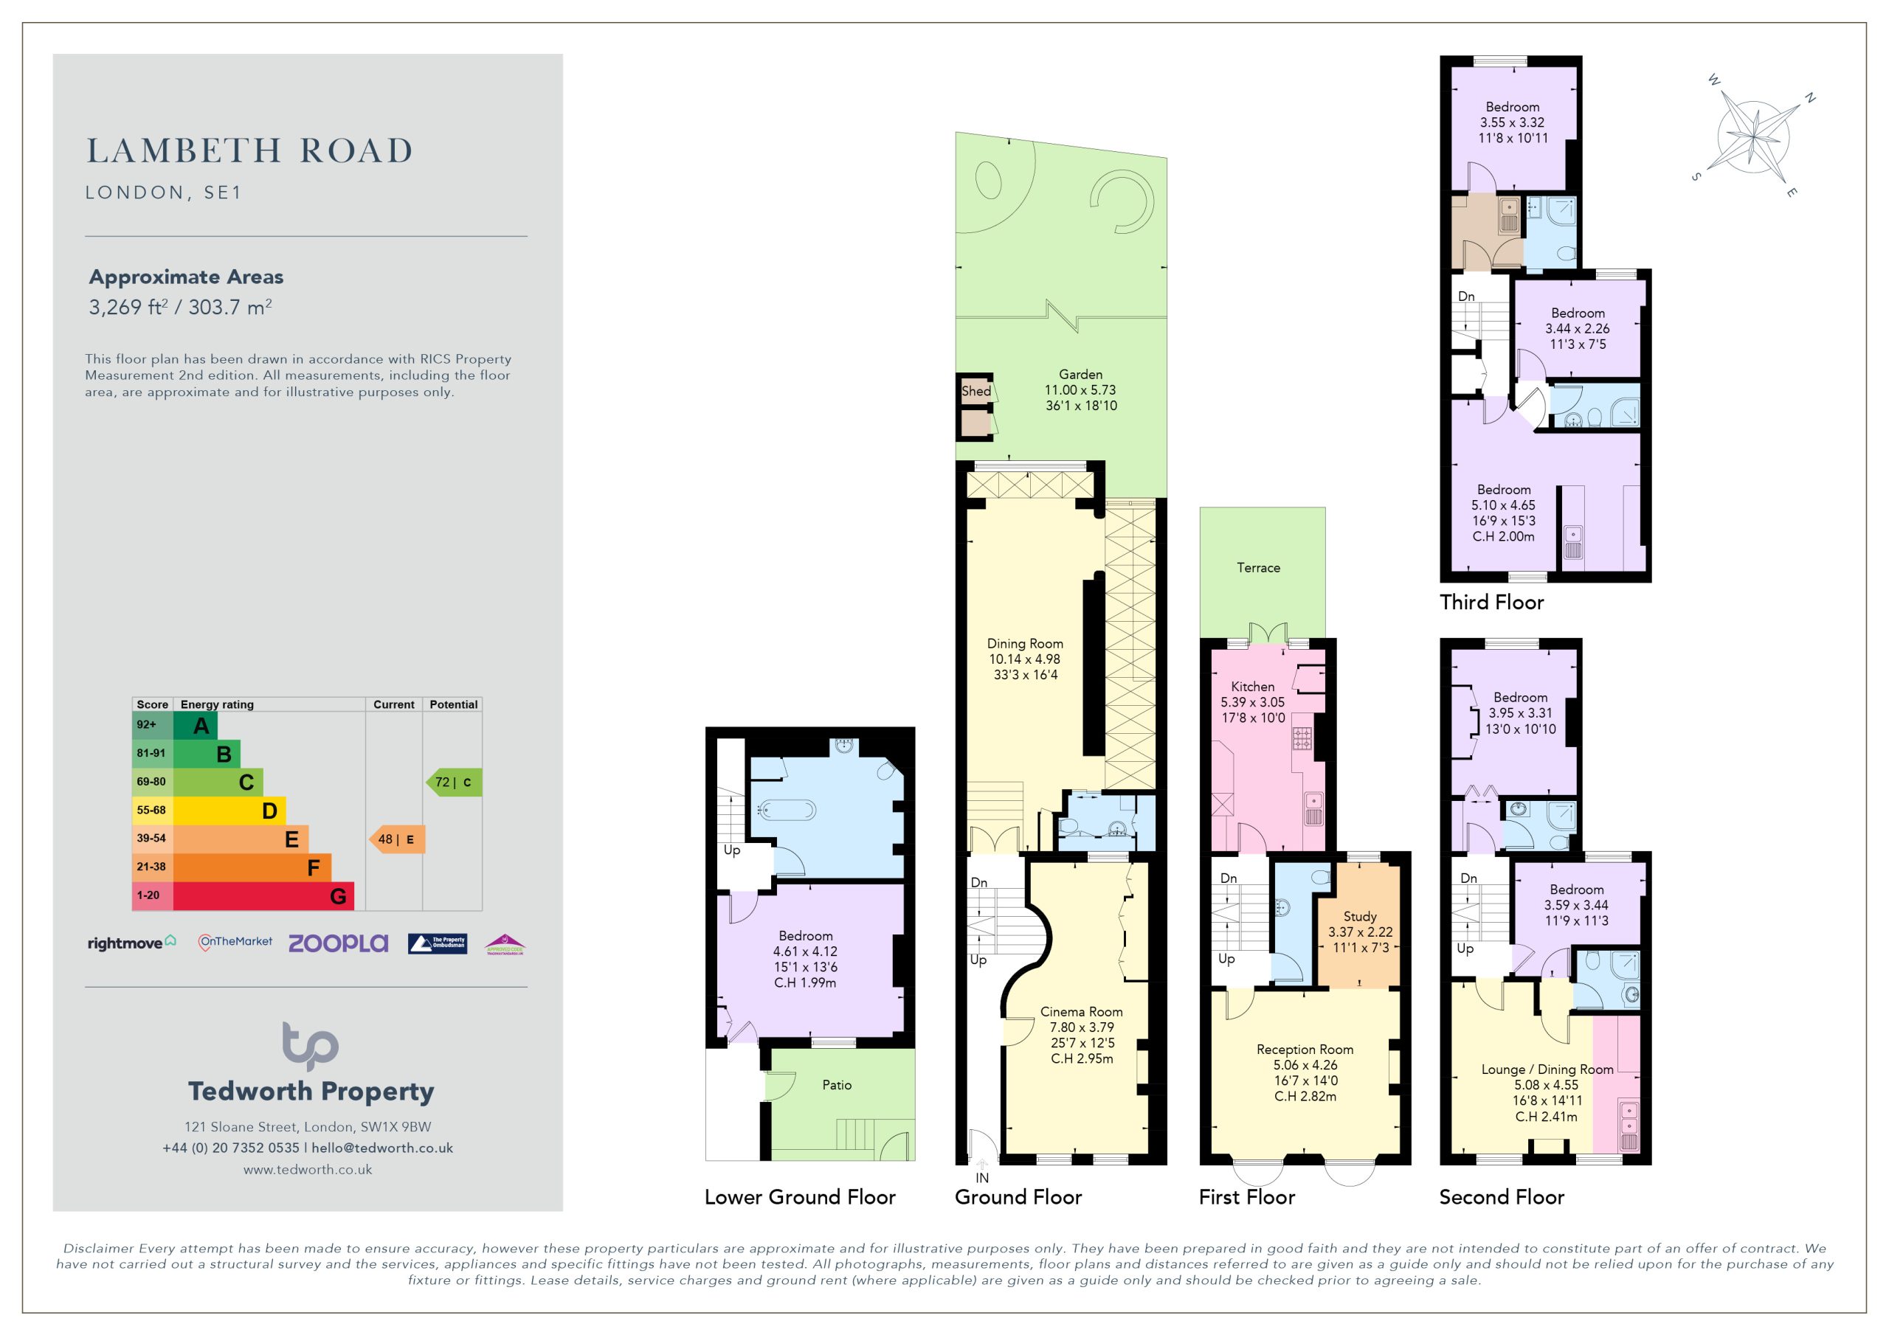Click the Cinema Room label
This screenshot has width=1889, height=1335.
(1081, 1012)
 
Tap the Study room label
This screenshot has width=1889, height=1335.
(1360, 916)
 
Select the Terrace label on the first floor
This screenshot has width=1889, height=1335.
(1259, 568)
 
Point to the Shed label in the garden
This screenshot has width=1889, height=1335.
(976, 392)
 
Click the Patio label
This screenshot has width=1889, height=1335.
(837, 1085)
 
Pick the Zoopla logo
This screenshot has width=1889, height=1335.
(338, 943)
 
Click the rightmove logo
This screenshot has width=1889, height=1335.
(131, 943)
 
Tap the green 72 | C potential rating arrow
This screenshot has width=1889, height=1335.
(453, 783)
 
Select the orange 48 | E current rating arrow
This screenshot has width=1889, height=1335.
(396, 839)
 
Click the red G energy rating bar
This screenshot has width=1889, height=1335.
(263, 895)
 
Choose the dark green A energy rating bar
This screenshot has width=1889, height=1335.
(196, 726)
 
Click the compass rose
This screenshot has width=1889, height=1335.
(1754, 137)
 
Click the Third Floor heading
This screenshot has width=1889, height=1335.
(1491, 602)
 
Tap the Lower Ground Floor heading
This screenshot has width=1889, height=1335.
(800, 1197)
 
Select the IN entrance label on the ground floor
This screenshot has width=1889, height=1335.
(982, 1178)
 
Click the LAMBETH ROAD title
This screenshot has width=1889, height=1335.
(249, 150)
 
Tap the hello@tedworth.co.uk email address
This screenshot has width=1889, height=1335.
(381, 1148)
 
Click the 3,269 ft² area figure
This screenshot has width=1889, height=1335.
(128, 307)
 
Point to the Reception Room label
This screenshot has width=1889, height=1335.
(1305, 1050)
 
